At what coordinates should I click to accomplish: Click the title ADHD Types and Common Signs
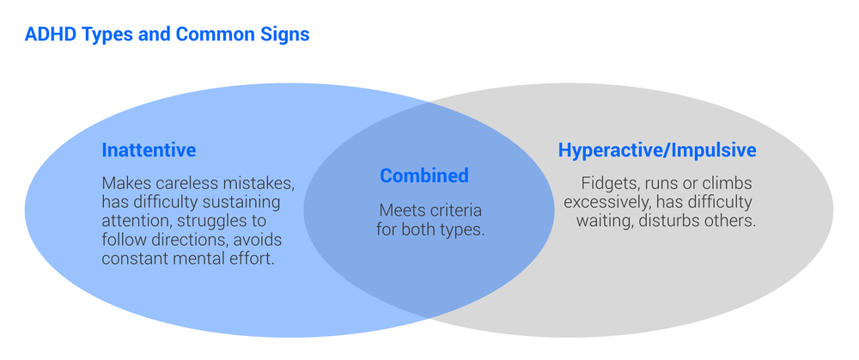point(167,35)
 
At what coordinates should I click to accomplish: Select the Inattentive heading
point(149,150)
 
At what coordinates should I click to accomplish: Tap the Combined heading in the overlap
point(424,176)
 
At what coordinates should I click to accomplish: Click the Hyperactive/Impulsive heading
point(657,150)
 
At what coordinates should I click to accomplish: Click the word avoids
point(259,240)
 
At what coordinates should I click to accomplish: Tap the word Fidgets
point(609,183)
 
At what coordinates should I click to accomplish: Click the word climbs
point(728,183)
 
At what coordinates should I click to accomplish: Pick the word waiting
point(604,221)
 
